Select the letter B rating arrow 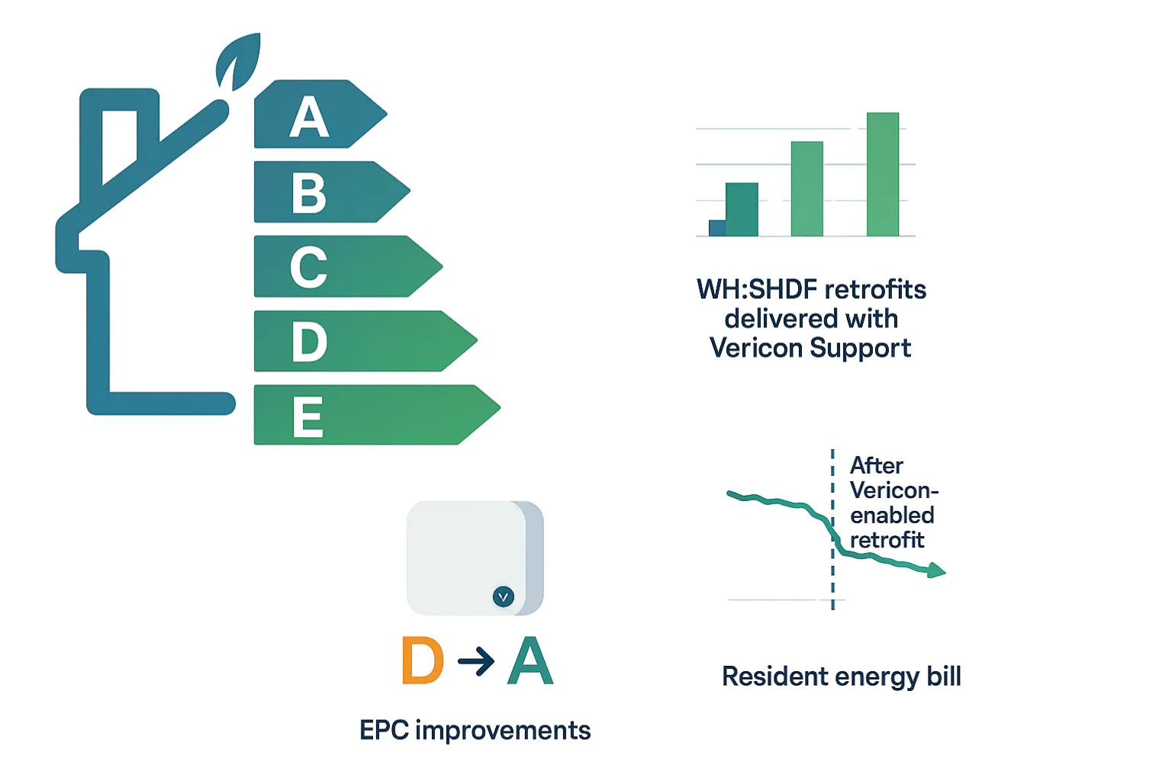click(309, 192)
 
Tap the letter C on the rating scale click(309, 267)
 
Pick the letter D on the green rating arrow click(309, 342)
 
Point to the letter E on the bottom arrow click(307, 416)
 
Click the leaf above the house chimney click(237, 61)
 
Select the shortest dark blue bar click(716, 227)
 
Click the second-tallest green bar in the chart click(807, 188)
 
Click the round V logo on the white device click(504, 596)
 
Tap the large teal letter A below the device click(530, 663)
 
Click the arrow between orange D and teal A click(475, 664)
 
